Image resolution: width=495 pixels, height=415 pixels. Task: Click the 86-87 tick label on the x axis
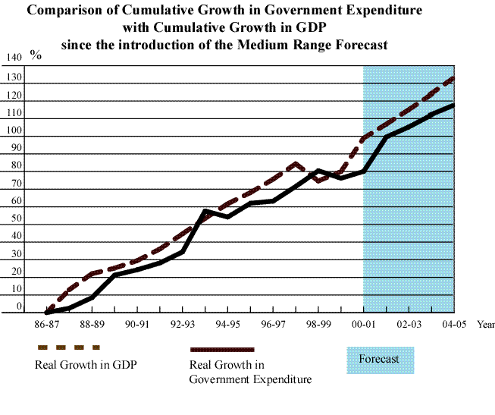46,324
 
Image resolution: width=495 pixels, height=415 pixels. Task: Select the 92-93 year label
182,324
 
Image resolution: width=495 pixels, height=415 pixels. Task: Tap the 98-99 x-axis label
318,324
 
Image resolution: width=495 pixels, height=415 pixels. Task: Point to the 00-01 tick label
363,324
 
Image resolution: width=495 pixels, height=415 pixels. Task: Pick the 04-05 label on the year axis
453,324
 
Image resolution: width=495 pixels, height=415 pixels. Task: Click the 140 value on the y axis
14,57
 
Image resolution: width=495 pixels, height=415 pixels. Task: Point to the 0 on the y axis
19,307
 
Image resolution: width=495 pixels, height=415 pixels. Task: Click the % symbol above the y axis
36,55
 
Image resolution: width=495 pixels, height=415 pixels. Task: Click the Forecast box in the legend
379,358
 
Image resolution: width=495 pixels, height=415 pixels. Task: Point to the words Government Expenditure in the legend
249,379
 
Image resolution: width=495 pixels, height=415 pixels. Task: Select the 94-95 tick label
227,324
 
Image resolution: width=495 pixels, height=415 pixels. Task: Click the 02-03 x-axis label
408,324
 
